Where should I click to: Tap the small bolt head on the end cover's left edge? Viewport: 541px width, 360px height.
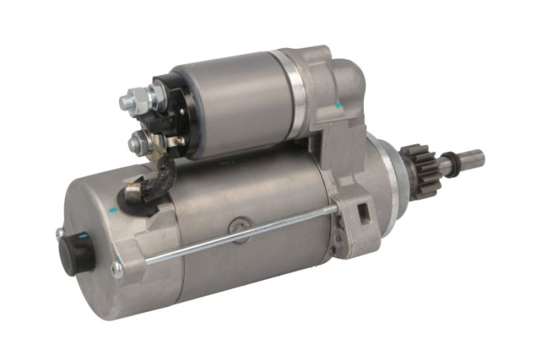(x=60, y=233)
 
